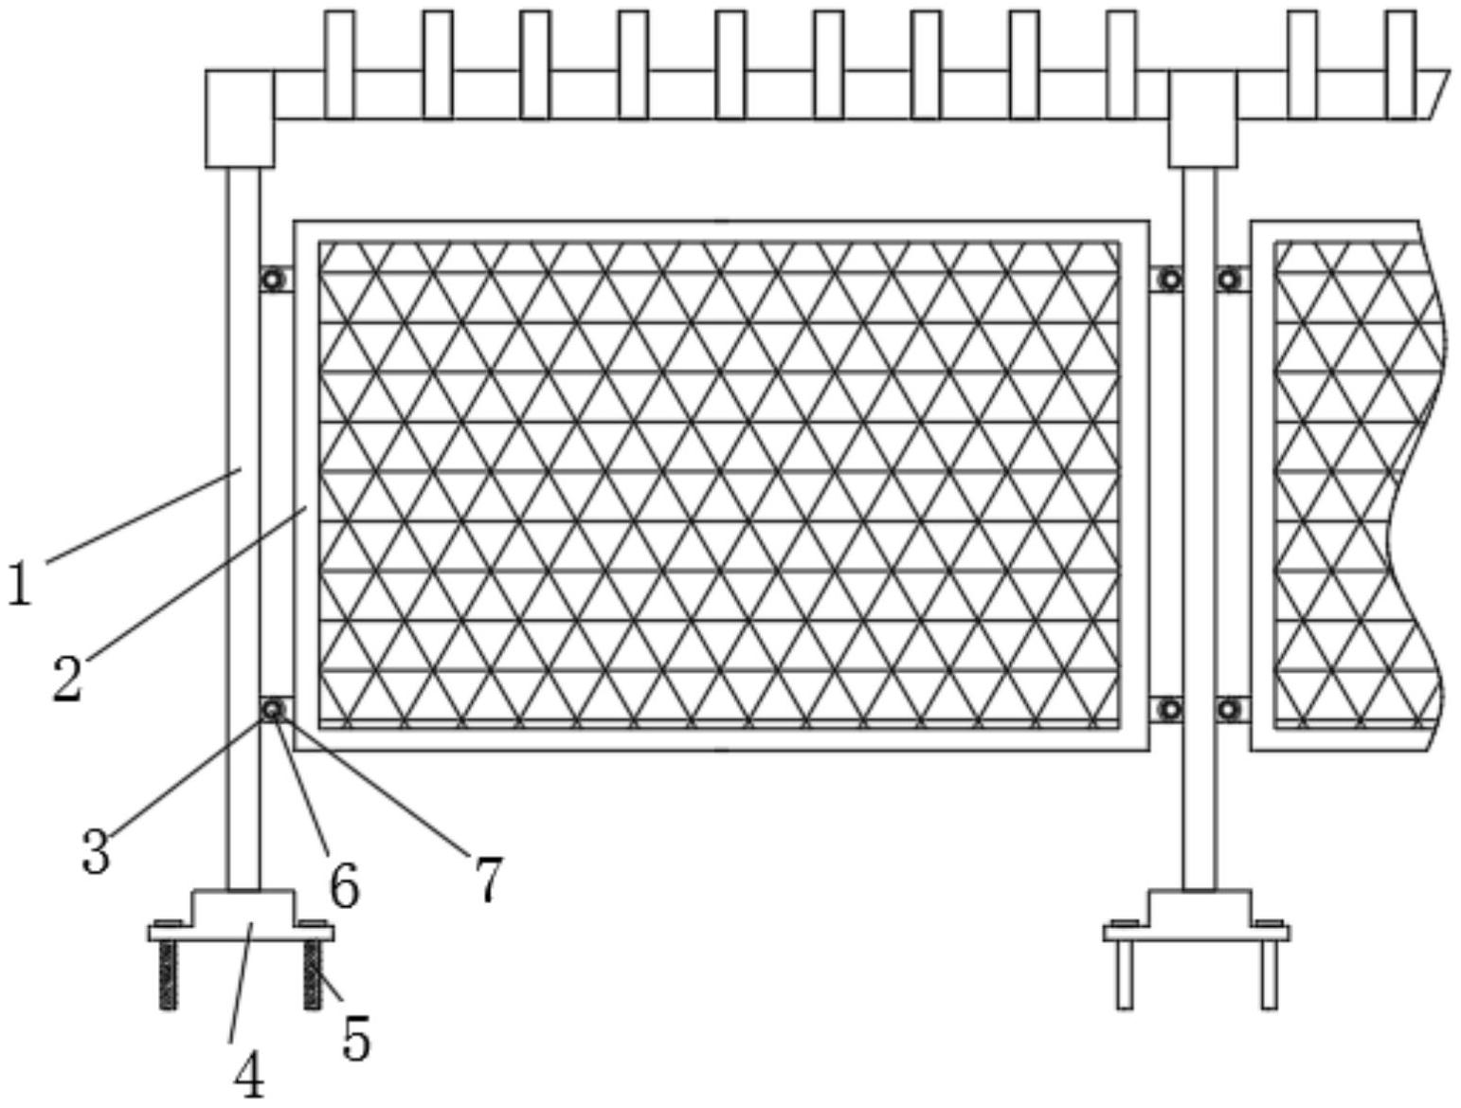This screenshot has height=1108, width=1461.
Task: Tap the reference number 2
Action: [x=67, y=679]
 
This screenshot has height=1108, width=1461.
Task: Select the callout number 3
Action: [x=96, y=850]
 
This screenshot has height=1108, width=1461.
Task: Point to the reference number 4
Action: [x=249, y=1077]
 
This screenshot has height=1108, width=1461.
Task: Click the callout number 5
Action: [x=356, y=1038]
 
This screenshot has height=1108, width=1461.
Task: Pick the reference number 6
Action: [x=344, y=886]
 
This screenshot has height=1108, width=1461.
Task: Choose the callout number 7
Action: [x=488, y=879]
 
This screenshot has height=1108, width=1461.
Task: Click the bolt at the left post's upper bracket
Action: [x=274, y=280]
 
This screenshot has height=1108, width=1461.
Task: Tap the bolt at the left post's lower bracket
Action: [x=274, y=709]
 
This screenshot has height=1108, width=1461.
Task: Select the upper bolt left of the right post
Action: [x=1171, y=280]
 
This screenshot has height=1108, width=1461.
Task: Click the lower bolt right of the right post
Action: [x=1229, y=709]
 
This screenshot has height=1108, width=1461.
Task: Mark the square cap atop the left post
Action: [x=240, y=118]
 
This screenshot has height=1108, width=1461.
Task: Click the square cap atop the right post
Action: [x=1202, y=118]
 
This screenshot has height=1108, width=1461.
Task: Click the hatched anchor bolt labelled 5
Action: [x=314, y=974]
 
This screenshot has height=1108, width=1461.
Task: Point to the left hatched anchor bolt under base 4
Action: [x=169, y=974]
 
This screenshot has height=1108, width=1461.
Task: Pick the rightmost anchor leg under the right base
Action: [x=1269, y=974]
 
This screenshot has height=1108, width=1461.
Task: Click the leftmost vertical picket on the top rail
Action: [x=339, y=64]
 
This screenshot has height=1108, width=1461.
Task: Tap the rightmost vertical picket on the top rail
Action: [x=1400, y=64]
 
